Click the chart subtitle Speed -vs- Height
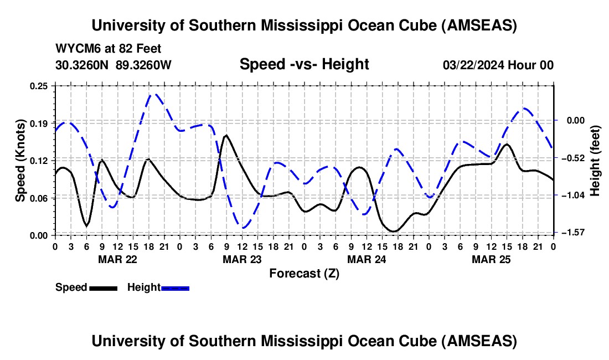coord(304,65)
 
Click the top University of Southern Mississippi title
coord(304,25)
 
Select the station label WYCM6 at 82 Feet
coord(109,49)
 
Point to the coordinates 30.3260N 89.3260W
coord(113,65)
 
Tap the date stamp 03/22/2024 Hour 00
coord(498,65)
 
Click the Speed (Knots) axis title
coord(20,161)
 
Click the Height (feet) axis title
coord(595,161)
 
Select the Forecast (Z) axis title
coord(304,273)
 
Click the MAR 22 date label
coord(117,259)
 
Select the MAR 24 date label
coord(367,259)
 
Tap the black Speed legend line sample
coord(103,287)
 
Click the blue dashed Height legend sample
coord(175,287)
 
